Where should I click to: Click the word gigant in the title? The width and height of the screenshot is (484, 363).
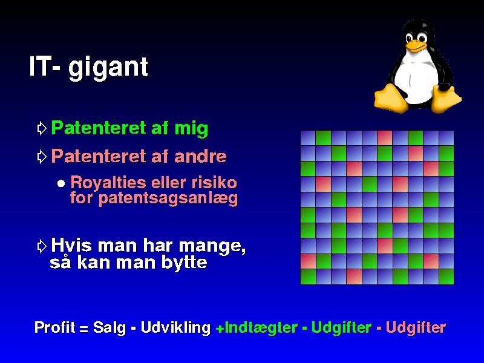coord(108,68)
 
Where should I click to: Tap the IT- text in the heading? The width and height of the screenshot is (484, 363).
coord(44,66)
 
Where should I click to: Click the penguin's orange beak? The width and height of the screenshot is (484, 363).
coord(415,46)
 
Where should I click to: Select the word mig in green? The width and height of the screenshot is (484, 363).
coord(191,128)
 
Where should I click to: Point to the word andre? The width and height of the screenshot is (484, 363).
coord(200,156)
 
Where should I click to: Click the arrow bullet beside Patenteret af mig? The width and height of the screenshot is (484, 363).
coord(42,128)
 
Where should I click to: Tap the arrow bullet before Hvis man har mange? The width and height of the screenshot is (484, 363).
coord(42,246)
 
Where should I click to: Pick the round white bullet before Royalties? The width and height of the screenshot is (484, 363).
coord(61,184)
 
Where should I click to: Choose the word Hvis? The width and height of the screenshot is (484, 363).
coord(71,246)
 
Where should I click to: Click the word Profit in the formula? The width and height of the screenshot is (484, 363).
coord(54,327)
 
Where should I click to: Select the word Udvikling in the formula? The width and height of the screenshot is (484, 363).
coord(175,328)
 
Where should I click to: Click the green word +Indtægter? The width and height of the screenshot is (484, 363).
coord(257,328)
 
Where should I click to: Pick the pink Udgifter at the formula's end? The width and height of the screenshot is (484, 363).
coord(416,328)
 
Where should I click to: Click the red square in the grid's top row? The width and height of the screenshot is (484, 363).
coord(385,138)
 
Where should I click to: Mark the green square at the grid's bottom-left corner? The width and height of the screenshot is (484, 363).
coord(308,276)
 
